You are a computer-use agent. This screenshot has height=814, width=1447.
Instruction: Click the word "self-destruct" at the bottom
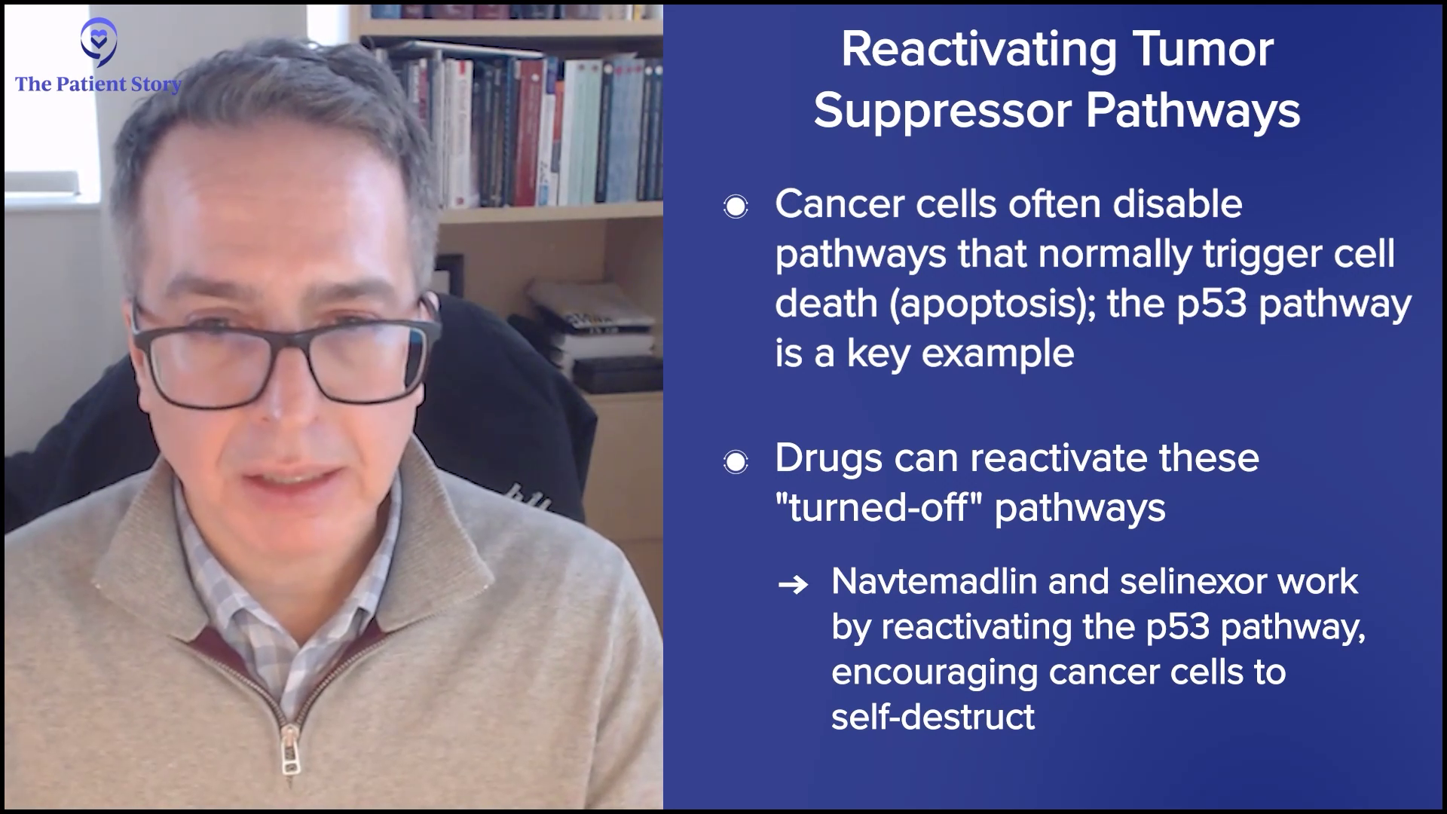coord(933,716)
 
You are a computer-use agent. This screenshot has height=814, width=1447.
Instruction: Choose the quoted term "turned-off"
coord(878,507)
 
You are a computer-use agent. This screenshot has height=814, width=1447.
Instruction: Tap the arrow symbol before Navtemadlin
coord(792,584)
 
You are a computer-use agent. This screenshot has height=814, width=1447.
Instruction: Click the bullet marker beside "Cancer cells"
coord(736,207)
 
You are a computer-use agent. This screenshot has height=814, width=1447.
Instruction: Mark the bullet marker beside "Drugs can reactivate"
coord(736,461)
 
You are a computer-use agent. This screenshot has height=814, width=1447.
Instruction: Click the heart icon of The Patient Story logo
coord(99,42)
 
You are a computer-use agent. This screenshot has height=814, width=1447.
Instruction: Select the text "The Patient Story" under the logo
coord(99,84)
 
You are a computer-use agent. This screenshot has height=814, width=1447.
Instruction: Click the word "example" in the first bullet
coord(998,354)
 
